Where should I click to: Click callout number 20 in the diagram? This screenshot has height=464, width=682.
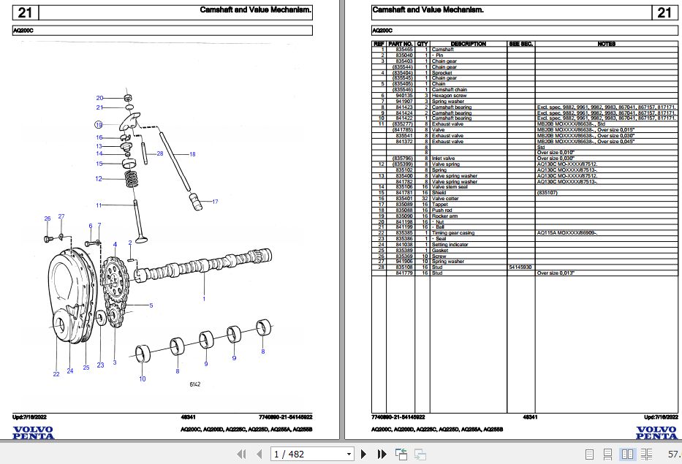99,98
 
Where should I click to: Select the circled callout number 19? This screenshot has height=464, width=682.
98,125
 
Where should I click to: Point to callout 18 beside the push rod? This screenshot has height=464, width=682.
192,154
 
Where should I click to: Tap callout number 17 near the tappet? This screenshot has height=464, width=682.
214,201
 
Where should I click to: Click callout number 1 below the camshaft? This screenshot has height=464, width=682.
204,299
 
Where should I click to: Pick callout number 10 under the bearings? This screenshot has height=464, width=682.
143,379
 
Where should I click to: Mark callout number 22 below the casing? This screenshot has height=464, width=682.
56,374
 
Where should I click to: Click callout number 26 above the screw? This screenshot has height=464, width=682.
48,218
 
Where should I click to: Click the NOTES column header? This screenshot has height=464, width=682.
606,44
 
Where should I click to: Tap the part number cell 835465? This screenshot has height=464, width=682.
404,50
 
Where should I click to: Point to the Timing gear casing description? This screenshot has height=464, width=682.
452,233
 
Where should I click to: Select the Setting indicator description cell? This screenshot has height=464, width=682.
449,245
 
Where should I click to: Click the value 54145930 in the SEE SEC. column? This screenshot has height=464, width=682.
520,267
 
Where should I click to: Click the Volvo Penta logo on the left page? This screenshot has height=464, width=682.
33,433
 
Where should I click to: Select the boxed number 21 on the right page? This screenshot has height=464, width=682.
664,12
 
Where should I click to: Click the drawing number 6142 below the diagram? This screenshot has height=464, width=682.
196,384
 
